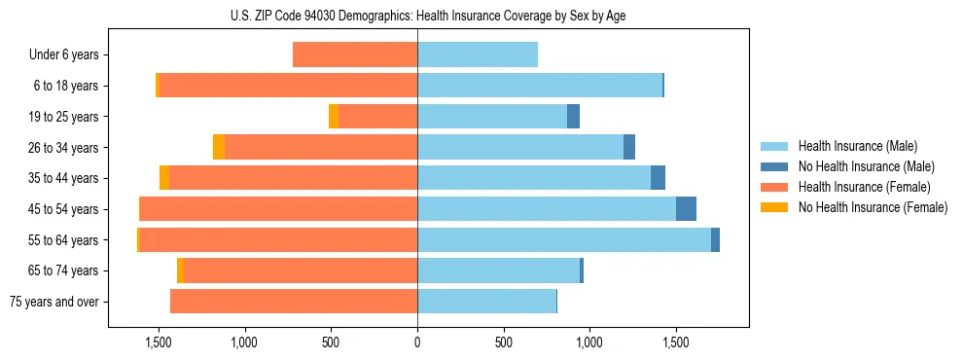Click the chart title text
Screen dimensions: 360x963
(417, 15)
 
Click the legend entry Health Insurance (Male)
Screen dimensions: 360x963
(851, 146)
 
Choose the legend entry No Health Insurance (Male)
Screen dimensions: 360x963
(858, 166)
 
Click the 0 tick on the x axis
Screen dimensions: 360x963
(417, 342)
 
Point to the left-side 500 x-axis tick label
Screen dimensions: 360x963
(331, 342)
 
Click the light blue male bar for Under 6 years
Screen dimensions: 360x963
(478, 54)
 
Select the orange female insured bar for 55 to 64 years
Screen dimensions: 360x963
(278, 239)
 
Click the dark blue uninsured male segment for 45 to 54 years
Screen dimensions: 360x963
(686, 209)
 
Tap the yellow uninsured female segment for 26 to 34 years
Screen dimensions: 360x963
(219, 147)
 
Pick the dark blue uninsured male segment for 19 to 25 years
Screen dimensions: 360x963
(573, 117)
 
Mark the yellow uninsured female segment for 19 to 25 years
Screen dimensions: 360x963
(334, 117)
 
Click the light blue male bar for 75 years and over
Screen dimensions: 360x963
(486, 302)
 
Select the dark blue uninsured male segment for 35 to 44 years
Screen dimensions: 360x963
(658, 178)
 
